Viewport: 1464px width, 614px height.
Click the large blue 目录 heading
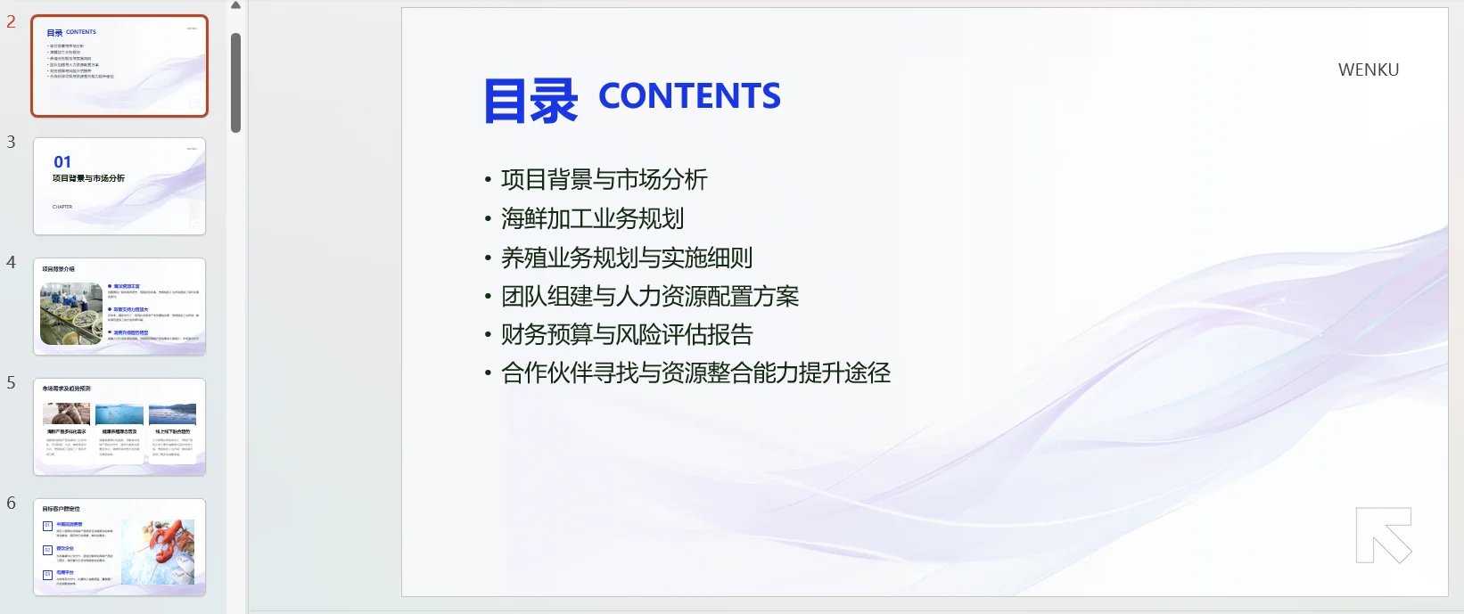tap(530, 101)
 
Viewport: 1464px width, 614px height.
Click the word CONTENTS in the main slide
tap(689, 96)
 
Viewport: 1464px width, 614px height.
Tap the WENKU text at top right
tap(1368, 70)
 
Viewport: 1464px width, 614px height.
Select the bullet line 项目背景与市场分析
tap(604, 180)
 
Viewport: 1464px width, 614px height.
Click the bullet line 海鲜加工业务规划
tap(592, 218)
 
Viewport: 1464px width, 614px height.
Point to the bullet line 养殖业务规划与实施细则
tap(626, 258)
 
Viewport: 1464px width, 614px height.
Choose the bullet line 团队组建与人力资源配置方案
tap(649, 296)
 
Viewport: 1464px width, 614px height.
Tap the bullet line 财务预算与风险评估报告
tap(627, 334)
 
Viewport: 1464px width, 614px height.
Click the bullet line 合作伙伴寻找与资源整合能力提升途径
tap(695, 372)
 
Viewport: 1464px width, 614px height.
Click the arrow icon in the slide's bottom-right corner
tap(1384, 535)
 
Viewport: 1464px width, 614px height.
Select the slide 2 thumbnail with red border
tap(119, 66)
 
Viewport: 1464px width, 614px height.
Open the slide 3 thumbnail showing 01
tap(119, 186)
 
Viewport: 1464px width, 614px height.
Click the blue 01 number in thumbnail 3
tap(62, 162)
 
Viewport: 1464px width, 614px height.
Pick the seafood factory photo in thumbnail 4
tap(71, 314)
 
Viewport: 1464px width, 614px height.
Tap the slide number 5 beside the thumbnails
tap(11, 382)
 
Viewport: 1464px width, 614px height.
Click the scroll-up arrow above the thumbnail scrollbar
tap(236, 5)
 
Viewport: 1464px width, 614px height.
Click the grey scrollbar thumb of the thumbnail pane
tap(236, 82)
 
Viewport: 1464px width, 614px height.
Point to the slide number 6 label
tap(11, 503)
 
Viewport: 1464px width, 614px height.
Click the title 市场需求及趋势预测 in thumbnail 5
tap(66, 389)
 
